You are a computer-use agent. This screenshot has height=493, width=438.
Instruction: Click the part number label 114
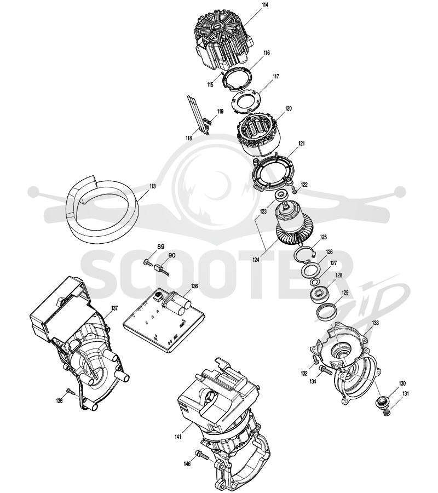pyautogui.click(x=264, y=5)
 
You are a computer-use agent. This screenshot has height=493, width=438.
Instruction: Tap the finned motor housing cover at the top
pyautogui.click(x=223, y=43)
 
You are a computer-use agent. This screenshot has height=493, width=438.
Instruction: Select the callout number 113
pyautogui.click(x=152, y=186)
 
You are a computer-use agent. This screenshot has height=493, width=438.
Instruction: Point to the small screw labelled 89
pyautogui.click(x=147, y=262)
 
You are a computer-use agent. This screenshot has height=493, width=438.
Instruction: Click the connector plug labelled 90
pyautogui.click(x=160, y=269)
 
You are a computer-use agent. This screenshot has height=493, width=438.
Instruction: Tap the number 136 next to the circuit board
pyautogui.click(x=194, y=286)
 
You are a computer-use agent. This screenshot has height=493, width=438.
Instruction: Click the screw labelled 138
pyautogui.click(x=71, y=392)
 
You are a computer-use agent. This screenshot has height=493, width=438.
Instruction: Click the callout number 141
pyautogui.click(x=178, y=437)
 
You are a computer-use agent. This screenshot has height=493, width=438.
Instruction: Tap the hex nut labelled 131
pyautogui.click(x=387, y=411)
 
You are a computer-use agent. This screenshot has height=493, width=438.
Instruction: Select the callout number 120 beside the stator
pyautogui.click(x=288, y=108)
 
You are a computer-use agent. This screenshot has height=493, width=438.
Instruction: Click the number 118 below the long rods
pyautogui.click(x=189, y=138)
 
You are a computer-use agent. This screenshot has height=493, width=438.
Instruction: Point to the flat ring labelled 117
pyautogui.click(x=245, y=101)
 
